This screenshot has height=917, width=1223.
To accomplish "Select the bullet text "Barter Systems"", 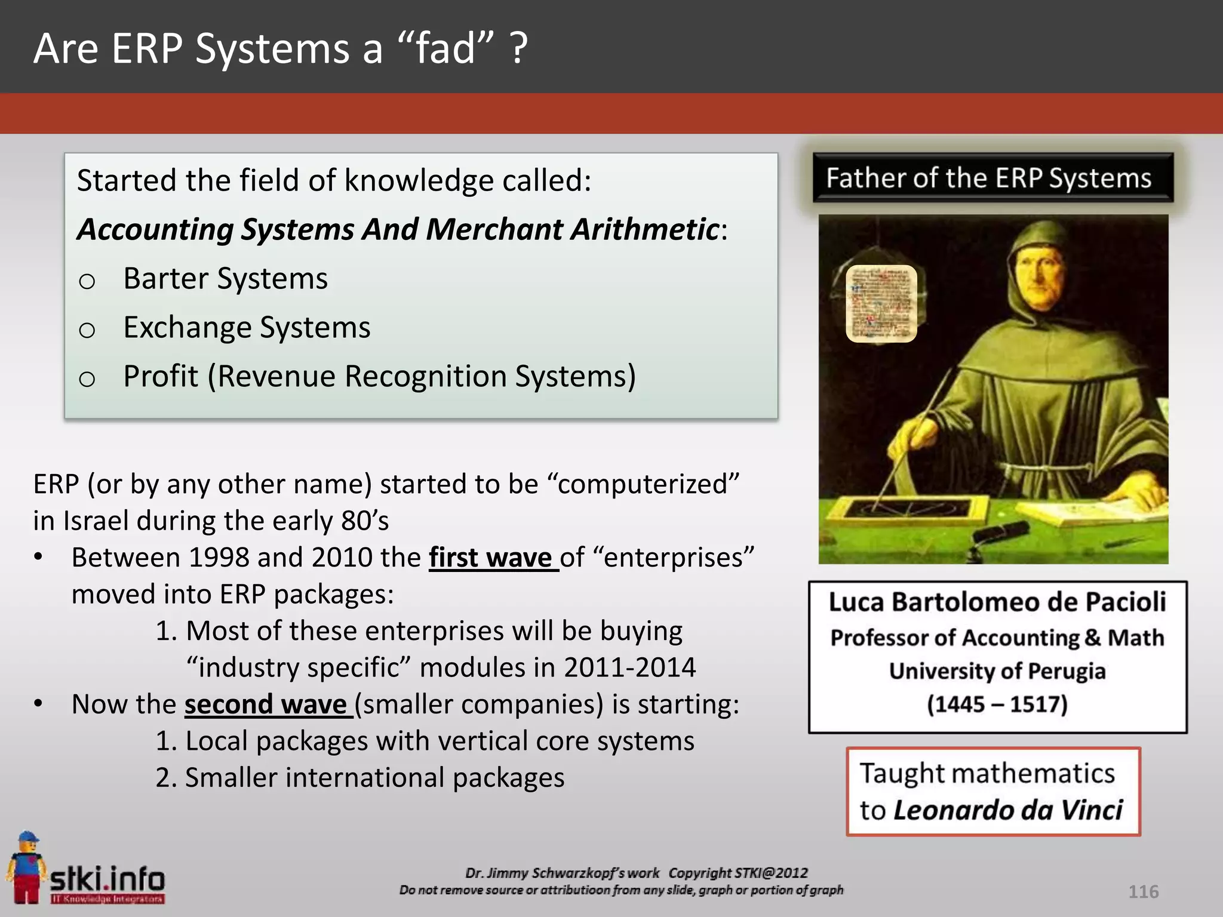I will [225, 278].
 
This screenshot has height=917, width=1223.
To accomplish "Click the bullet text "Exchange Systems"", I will [247, 327].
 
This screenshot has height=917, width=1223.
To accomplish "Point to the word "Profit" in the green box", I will [160, 376].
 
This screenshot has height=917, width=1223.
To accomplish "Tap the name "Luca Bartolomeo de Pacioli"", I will [997, 602].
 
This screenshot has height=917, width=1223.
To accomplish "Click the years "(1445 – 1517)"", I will [997, 704].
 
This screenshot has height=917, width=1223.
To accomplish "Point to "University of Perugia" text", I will [997, 671].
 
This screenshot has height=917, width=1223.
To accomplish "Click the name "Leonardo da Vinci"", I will [1008, 810].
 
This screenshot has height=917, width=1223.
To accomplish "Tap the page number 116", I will [1143, 892].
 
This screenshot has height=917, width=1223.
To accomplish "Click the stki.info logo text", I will [107, 879].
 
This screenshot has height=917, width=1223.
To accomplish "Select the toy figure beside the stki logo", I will [25, 866].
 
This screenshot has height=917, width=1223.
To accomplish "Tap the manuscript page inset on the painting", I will [881, 303].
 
